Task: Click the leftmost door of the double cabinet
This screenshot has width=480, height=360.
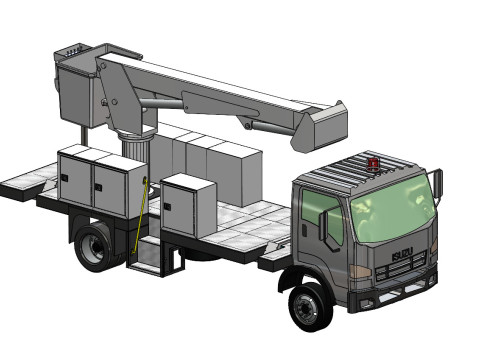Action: coord(76,180)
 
